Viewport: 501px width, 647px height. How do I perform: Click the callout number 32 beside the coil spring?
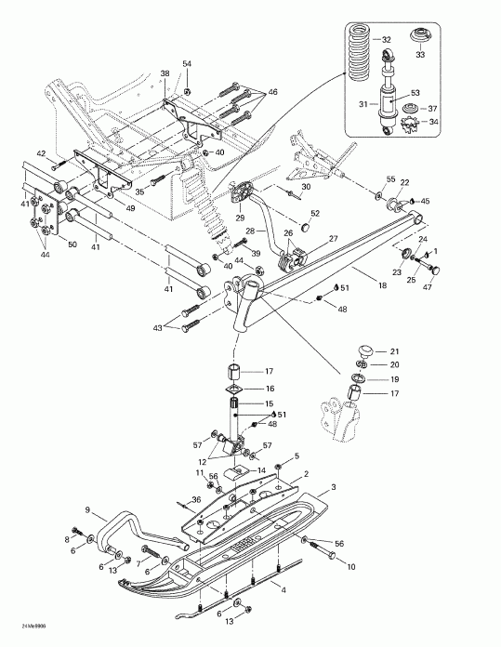click(387, 40)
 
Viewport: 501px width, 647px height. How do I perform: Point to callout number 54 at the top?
click(186, 64)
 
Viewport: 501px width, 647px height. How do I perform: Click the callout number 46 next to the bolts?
click(272, 92)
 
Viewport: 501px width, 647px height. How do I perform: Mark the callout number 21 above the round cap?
click(393, 350)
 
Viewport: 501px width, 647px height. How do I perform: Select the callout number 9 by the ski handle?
click(88, 509)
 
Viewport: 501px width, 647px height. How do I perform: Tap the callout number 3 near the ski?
click(334, 487)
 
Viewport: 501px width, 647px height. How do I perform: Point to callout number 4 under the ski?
click(283, 590)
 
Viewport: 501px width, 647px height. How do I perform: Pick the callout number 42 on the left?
click(41, 152)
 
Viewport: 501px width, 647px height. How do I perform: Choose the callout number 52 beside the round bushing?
click(315, 214)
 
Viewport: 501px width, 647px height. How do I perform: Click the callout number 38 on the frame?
click(165, 73)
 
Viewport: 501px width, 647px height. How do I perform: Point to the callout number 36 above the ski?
click(197, 502)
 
